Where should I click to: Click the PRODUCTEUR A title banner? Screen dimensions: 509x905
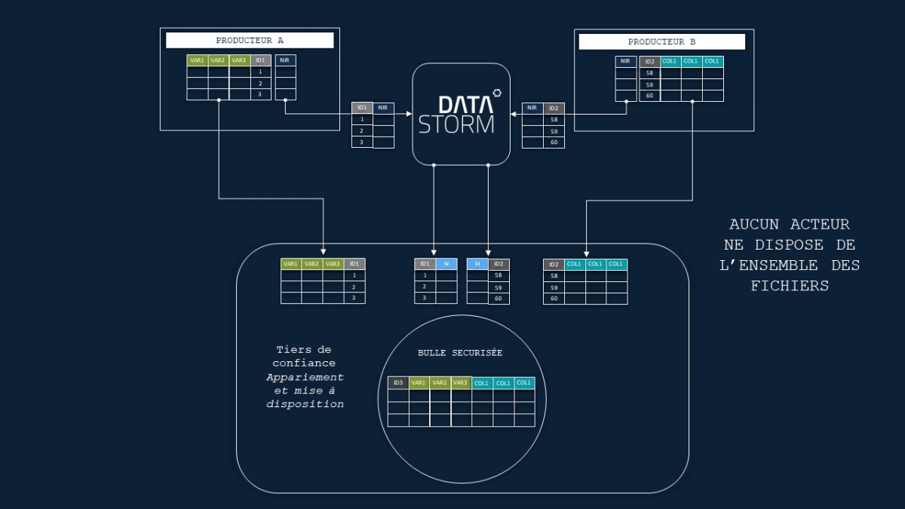tap(250, 41)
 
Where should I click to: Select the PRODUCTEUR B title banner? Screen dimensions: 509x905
tap(661, 41)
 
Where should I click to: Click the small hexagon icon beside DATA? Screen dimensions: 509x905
tap(497, 94)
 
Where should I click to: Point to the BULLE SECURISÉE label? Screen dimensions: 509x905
tap(460, 353)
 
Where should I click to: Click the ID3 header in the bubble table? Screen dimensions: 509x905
tap(398, 382)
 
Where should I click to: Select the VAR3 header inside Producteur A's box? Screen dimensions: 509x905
tap(239, 60)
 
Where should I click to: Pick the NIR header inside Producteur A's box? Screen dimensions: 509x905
tap(285, 60)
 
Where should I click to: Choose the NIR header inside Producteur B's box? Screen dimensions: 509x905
tap(625, 62)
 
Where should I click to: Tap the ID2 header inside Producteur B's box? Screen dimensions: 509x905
tap(649, 62)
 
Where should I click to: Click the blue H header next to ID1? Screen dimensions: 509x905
tap(446, 264)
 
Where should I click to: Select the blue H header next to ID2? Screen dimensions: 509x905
tap(477, 264)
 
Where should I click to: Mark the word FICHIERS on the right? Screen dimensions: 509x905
tap(790, 286)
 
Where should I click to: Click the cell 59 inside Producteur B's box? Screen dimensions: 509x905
tap(649, 84)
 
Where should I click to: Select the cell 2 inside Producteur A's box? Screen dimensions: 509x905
tap(260, 83)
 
